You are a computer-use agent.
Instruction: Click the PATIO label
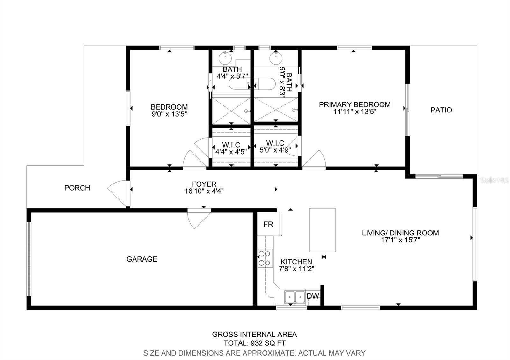441,110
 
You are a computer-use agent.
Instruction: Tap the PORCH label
77,188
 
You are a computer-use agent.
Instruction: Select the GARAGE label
142,259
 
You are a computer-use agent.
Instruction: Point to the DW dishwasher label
313,296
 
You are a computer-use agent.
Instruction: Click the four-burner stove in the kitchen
265,258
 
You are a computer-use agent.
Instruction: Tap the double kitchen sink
295,297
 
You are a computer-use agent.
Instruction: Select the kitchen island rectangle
322,230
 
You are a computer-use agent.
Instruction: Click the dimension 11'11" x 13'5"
355,112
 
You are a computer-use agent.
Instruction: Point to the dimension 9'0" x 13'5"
169,114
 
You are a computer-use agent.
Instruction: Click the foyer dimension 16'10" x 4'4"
204,191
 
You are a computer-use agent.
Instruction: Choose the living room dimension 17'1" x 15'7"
400,240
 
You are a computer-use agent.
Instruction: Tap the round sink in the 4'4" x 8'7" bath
225,58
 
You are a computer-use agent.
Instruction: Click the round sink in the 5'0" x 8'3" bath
276,58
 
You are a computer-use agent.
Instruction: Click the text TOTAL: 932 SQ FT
255,343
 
